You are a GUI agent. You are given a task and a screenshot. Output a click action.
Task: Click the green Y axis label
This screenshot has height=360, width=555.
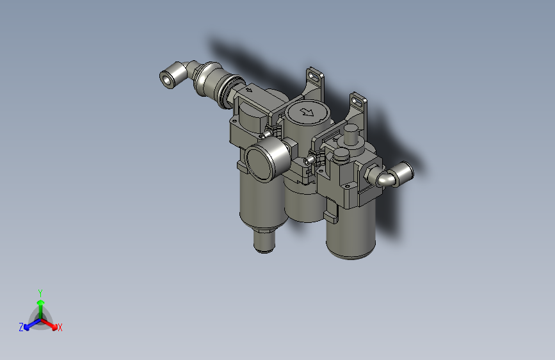click(x=40, y=292)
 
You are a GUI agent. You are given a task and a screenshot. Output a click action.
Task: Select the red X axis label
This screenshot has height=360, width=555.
click(x=60, y=328)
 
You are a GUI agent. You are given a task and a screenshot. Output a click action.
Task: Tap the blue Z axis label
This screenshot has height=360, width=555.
click(x=21, y=327)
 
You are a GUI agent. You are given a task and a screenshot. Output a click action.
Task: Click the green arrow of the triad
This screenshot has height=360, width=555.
click(x=40, y=304)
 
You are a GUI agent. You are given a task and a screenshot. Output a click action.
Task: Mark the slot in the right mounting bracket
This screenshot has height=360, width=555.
click(x=358, y=99)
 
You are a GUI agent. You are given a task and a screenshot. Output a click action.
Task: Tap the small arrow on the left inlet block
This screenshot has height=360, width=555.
click(x=249, y=92)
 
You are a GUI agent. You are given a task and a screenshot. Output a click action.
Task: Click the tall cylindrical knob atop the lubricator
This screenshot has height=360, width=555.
click(x=350, y=136)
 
